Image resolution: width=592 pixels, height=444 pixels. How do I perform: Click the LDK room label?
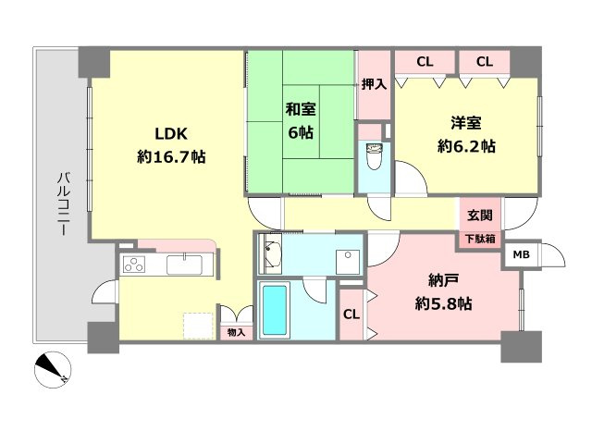tap(171, 134)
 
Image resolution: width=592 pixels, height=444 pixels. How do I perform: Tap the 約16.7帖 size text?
tap(171, 156)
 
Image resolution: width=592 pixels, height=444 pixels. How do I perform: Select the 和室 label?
tap(301, 109)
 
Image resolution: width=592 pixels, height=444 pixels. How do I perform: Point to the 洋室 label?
tap(466, 123)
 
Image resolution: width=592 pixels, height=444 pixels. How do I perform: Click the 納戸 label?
tap(444, 280)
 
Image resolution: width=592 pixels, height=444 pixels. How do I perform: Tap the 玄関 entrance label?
tap(480, 216)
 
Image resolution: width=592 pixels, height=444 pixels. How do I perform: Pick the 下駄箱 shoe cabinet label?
tap(480, 239)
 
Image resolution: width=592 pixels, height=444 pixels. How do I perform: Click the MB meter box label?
tap(521, 255)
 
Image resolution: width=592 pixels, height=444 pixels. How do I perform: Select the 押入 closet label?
tap(374, 84)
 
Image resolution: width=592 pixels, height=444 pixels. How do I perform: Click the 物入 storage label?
tap(237, 333)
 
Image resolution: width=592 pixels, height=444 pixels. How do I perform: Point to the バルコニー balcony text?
tap(63, 203)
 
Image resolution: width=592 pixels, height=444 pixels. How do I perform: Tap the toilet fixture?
tap(374, 156)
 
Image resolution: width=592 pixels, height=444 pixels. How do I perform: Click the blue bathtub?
tap(274, 310)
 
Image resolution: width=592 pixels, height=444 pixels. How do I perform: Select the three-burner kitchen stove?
tap(133, 264)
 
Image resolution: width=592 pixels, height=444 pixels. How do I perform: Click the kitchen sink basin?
tap(185, 265)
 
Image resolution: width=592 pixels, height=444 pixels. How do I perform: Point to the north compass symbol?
tap(53, 370)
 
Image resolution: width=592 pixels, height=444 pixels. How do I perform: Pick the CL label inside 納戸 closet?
tap(351, 314)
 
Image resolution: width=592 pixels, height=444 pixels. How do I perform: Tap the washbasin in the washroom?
tap(272, 253)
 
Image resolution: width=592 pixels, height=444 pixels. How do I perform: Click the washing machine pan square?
tap(348, 262)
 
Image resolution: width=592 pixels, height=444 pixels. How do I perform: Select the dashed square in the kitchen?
tap(198, 327)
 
